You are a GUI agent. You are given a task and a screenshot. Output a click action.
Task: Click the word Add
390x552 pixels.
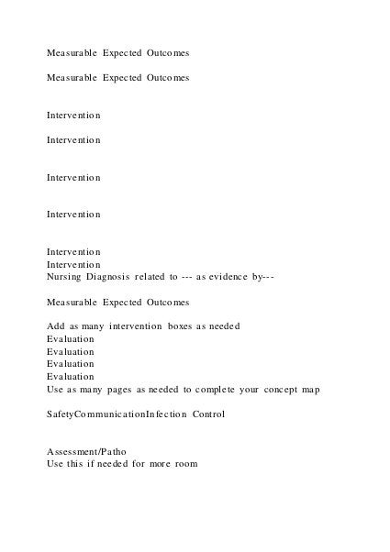(56, 326)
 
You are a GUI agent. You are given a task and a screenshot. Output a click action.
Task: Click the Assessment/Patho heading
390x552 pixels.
(87, 452)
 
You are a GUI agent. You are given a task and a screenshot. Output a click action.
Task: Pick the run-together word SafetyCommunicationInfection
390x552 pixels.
(117, 414)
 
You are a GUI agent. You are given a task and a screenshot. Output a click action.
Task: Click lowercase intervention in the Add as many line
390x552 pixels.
(133, 326)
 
